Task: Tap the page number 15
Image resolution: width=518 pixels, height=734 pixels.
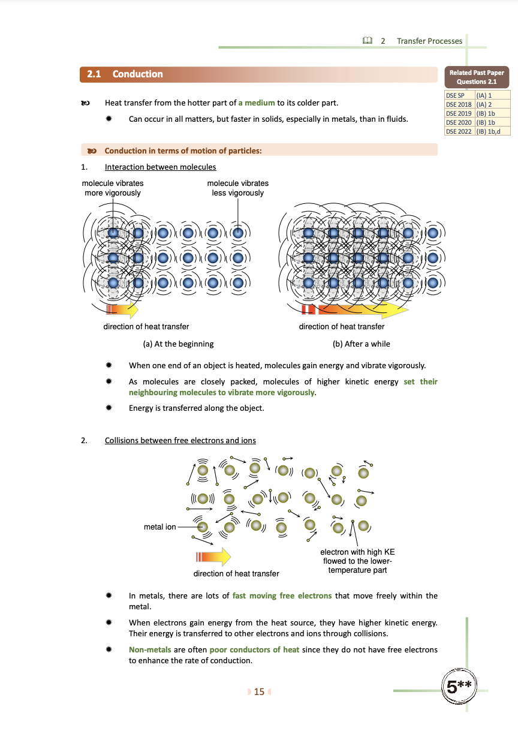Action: click(x=259, y=692)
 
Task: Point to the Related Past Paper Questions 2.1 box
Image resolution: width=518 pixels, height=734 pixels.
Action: click(x=477, y=77)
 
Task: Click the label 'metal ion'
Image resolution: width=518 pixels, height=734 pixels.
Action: click(x=160, y=527)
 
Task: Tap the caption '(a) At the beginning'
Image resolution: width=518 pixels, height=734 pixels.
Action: click(x=178, y=344)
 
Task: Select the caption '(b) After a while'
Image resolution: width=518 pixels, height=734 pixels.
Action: click(x=361, y=344)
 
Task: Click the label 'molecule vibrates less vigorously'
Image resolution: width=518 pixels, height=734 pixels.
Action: click(x=237, y=188)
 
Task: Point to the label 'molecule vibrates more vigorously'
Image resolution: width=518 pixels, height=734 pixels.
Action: click(x=113, y=188)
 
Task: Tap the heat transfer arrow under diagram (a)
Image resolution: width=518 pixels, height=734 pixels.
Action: click(x=122, y=309)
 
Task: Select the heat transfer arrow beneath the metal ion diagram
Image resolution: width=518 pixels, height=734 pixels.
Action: click(x=212, y=556)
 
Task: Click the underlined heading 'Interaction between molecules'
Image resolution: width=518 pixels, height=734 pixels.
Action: click(x=160, y=167)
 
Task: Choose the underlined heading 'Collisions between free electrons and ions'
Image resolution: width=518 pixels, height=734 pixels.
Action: click(x=180, y=441)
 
